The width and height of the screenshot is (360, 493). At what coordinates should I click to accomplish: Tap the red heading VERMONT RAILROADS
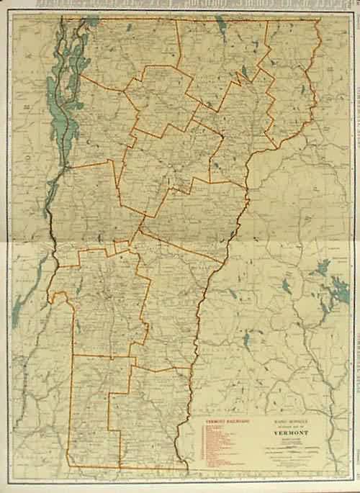tap(222, 418)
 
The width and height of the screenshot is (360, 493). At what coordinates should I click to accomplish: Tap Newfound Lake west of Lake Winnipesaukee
tap(287, 285)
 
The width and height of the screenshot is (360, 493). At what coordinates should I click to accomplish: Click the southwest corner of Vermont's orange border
tap(69, 465)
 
